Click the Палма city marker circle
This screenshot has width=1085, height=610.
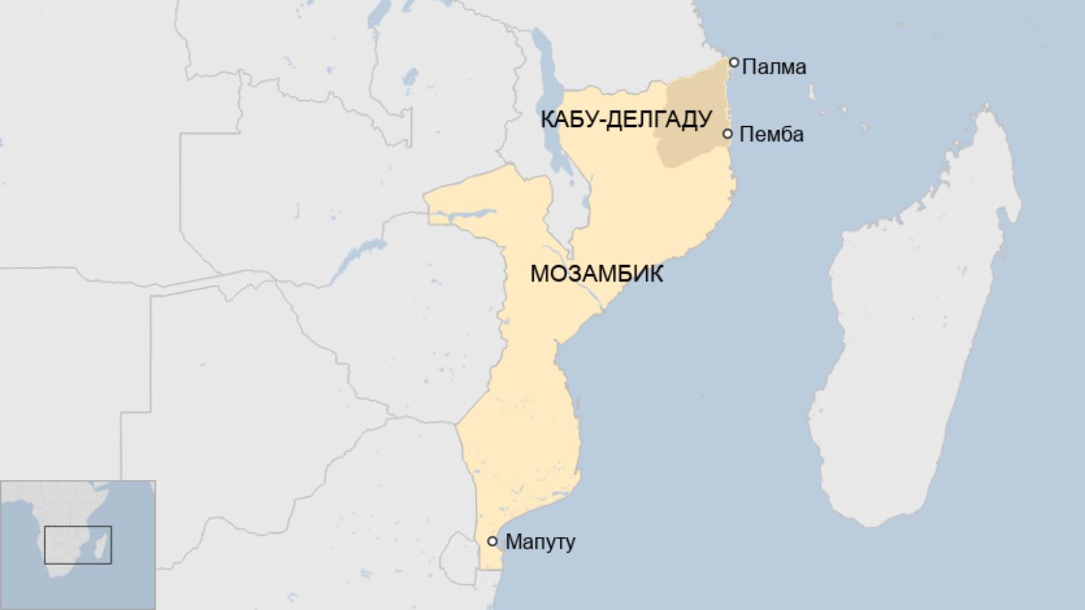[734, 62]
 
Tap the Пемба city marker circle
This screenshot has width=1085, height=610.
[728, 134]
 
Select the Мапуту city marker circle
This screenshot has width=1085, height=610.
[493, 541]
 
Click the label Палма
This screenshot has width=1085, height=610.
[774, 66]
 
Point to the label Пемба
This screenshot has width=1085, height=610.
[771, 134]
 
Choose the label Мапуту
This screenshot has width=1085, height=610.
[540, 542]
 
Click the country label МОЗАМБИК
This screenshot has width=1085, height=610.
[596, 273]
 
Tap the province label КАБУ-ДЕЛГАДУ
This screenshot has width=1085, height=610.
[626, 120]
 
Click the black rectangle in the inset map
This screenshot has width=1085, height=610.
[78, 545]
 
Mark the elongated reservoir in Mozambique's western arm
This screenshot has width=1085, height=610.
[465, 215]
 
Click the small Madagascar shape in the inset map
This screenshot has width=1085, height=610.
[100, 548]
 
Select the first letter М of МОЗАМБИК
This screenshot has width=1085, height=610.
[539, 273]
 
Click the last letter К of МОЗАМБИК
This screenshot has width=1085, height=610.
[656, 273]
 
